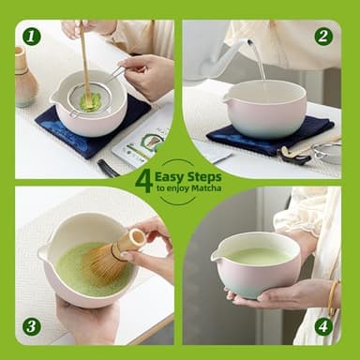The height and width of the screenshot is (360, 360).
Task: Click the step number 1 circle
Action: tap(32, 37)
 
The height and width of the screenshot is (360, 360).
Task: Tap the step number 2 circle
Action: tap(323, 37)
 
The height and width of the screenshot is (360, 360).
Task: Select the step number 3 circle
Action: tap(32, 325)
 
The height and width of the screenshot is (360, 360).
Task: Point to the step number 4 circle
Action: tap(323, 325)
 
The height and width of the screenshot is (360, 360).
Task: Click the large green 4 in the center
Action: tap(143, 180)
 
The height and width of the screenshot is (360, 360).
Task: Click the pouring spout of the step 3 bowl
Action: tap(43, 253)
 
